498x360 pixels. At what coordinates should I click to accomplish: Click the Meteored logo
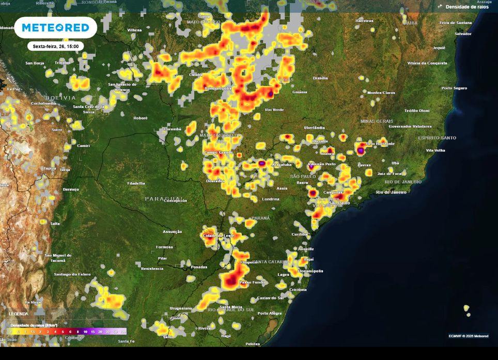pos(55,27)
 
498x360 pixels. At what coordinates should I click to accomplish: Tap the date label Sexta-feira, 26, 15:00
pos(55,46)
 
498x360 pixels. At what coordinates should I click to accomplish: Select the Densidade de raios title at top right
pos(466,7)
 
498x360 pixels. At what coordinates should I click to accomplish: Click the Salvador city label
pos(462,34)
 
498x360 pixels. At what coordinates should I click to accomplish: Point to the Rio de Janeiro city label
pos(391,192)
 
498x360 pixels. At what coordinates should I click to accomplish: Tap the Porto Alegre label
pos(270,314)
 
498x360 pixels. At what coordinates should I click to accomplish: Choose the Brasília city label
pos(320,78)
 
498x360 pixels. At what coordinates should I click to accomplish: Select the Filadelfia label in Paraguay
pos(136,183)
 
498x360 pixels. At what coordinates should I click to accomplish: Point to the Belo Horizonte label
pos(380,144)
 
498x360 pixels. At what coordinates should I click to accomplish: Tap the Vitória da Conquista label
pos(427,63)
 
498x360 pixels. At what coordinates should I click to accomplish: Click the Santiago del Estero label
pos(72,274)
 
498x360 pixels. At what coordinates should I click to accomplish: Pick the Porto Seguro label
pos(454,88)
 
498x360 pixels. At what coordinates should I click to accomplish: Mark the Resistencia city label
pos(152,269)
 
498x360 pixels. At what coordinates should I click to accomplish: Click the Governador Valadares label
pos(410,126)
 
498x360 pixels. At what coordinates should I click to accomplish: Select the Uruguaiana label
pos(181,308)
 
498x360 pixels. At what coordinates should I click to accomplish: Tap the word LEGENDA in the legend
pos(19,314)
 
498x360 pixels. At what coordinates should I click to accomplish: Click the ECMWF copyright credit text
pos(468,336)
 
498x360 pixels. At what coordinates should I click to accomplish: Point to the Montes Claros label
pos(381,93)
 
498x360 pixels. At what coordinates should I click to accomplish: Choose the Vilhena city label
pos(134,30)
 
